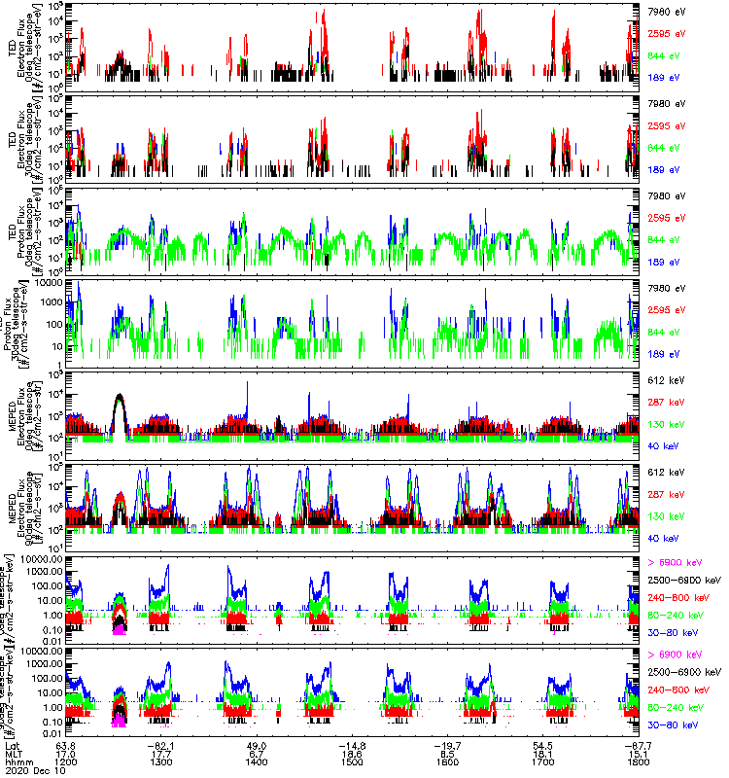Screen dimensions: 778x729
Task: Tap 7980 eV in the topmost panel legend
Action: click(667, 13)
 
